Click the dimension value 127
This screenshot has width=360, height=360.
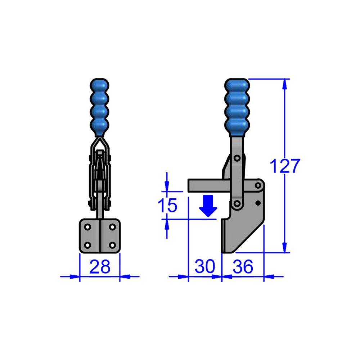[284, 166]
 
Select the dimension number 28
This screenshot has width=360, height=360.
[100, 267]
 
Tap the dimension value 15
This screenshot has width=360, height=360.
[167, 206]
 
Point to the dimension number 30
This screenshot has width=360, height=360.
[205, 267]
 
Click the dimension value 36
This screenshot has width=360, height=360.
[243, 267]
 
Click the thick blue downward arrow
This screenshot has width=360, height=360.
[208, 206]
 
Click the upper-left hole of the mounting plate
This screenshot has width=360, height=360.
[87, 228]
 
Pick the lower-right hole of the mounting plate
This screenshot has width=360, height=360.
[112, 245]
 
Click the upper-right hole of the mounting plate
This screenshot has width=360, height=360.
[112, 228]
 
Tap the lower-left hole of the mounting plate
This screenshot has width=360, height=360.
[87, 245]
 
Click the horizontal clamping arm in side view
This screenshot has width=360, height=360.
[208, 185]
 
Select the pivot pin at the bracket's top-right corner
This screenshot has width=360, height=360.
[258, 185]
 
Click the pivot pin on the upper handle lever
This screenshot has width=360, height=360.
[237, 158]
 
